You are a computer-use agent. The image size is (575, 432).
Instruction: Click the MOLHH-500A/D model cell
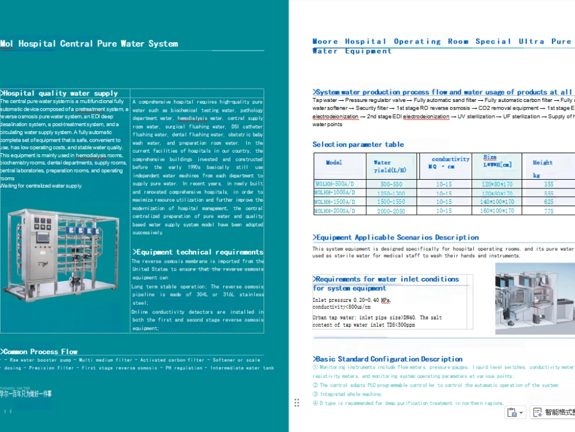click(333, 184)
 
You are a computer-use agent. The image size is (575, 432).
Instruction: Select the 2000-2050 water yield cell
click(391, 211)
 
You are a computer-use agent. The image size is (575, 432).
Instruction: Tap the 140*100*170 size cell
click(497, 202)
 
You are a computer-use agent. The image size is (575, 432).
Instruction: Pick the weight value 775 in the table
click(549, 211)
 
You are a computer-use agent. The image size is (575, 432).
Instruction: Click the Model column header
click(334, 162)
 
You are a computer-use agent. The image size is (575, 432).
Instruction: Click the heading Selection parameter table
click(358, 145)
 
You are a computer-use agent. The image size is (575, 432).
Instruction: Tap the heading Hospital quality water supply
click(60, 93)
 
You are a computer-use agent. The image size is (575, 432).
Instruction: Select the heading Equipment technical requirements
click(199, 252)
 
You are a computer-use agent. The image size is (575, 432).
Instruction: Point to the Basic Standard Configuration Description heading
click(388, 359)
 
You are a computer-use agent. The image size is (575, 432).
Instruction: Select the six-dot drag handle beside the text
click(297, 403)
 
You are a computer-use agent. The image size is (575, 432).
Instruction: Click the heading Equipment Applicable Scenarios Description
click(396, 237)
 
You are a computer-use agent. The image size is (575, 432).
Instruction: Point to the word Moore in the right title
click(325, 41)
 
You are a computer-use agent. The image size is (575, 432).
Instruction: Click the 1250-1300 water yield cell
click(391, 194)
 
